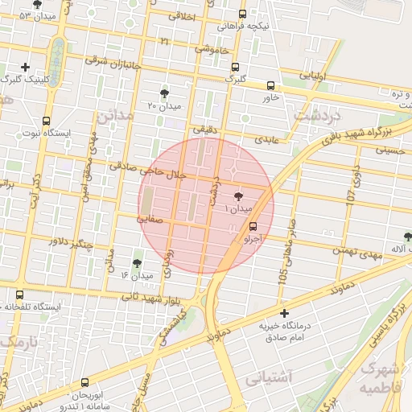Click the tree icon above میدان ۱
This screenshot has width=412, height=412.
click(x=239, y=196)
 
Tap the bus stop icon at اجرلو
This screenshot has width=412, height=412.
click(x=254, y=226)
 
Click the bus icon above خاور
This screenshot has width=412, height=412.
click(x=270, y=85)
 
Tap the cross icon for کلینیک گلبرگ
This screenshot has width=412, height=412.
click(x=27, y=67)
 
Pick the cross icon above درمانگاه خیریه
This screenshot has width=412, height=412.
click(x=283, y=313)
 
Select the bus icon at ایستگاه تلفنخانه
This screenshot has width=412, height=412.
click(x=19, y=295)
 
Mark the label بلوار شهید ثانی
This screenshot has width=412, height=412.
click(x=153, y=298)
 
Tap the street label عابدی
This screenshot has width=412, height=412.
click(x=266, y=139)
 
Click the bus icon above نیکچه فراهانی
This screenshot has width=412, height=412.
click(x=244, y=14)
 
